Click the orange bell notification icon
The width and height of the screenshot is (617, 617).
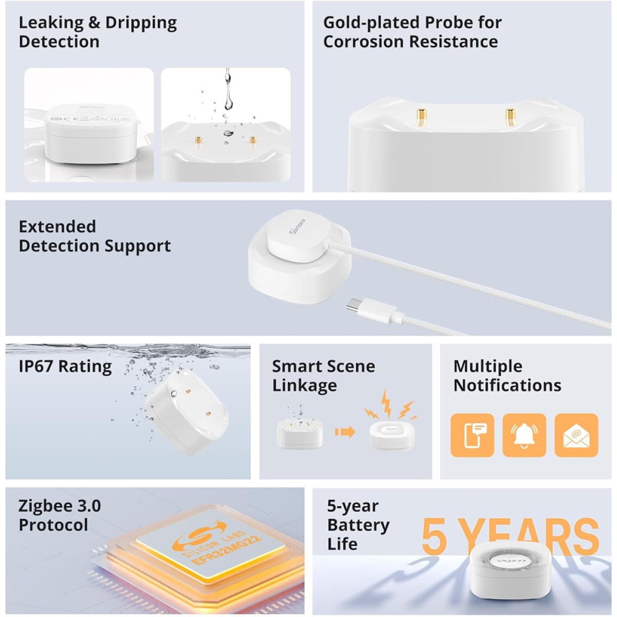pos(524,435)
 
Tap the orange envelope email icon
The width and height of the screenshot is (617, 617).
pos(576,435)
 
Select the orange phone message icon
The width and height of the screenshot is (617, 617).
pos(472,435)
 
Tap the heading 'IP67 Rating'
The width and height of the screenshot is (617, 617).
pos(65,366)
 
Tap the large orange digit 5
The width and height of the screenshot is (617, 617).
pos(434,537)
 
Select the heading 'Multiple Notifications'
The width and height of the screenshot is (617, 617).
pos(507,375)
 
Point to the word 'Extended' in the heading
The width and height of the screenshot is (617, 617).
pos(57,227)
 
